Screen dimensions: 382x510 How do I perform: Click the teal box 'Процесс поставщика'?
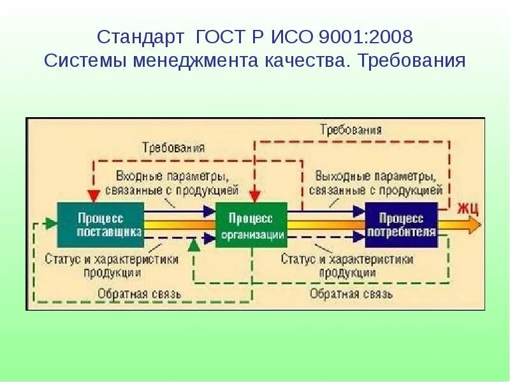tap(100, 224)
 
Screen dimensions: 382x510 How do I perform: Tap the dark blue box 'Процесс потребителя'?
tap(402, 224)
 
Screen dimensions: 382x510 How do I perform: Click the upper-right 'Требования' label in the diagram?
tap(351, 129)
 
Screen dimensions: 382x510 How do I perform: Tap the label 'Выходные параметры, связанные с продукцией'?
tap(375, 182)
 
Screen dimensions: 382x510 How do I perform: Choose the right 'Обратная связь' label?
tap(351, 294)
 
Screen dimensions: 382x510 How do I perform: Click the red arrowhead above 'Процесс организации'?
tap(254, 195)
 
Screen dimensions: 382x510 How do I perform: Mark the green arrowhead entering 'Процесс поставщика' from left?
tap(50, 223)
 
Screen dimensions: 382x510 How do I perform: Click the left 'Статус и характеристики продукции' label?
tap(112, 266)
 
